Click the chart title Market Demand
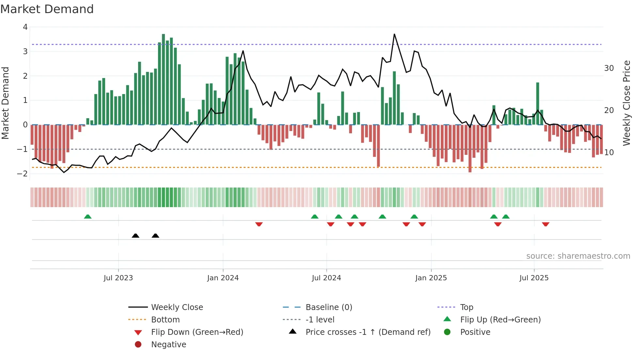pyautogui.click(x=47, y=9)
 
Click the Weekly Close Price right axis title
pyautogui.click(x=626, y=103)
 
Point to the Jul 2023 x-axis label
pyautogui.click(x=118, y=278)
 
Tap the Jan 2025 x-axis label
pyautogui.click(x=431, y=278)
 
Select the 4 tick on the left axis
pyautogui.click(x=25, y=27)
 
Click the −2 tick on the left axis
pyautogui.click(x=23, y=174)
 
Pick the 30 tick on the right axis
pyautogui.click(x=609, y=68)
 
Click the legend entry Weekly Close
pyautogui.click(x=177, y=307)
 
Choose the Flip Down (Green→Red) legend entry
pyautogui.click(x=197, y=332)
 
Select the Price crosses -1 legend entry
pyautogui.click(x=368, y=332)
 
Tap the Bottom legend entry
pyautogui.click(x=165, y=320)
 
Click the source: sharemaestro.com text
pyautogui.click(x=578, y=256)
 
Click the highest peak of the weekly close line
pyautogui.click(x=394, y=34)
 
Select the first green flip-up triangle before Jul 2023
pyautogui.click(x=88, y=217)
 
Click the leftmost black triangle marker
pyautogui.click(x=136, y=236)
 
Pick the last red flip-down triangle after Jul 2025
pyautogui.click(x=546, y=224)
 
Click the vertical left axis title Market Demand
pyautogui.click(x=5, y=103)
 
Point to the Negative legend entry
pyautogui.click(x=168, y=345)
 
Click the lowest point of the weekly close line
pyautogui.click(x=64, y=172)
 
